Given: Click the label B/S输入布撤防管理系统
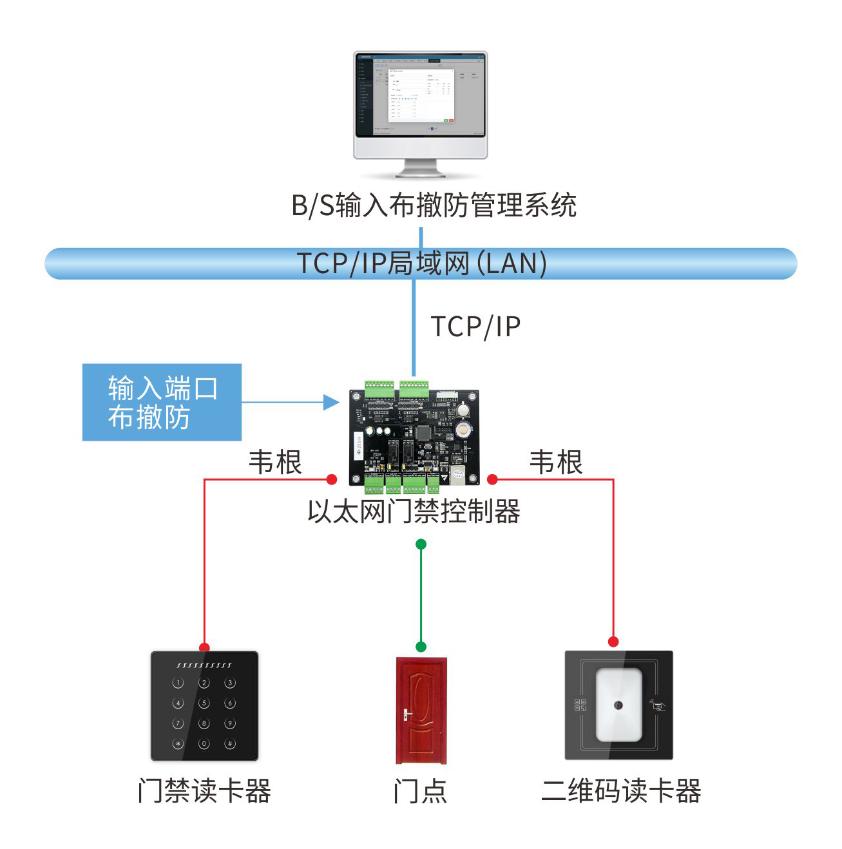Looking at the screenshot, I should pos(434,205).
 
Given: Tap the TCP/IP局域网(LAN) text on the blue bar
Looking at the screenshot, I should pos(421,263).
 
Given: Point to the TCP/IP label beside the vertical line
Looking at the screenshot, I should pos(475,327).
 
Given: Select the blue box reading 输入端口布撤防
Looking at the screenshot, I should pos(162,403).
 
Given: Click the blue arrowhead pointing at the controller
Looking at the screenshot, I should pos(331,403).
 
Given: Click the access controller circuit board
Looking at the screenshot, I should pos(414,437).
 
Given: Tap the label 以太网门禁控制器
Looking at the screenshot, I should pos(414,512).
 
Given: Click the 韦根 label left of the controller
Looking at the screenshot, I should pos(275,463).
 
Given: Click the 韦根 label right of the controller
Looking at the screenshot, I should pos(555,463).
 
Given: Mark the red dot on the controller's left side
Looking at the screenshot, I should pos(332,479).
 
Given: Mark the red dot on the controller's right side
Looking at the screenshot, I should pos(492,479).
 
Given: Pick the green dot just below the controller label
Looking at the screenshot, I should pos(421,544).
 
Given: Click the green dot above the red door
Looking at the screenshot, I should pos(421,646).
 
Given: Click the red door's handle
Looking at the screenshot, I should pos(407,714).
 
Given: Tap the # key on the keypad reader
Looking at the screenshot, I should pos(229,743).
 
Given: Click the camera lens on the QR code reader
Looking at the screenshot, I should pos(619,705).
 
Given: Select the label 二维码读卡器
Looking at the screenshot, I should pos(621,791).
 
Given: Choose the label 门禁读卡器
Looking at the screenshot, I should pos(204,791).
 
